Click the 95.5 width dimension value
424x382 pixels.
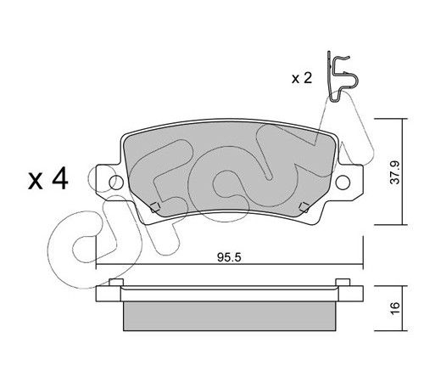[229, 257]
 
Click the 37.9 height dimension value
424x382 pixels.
[395, 172]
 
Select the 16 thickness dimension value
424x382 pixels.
[395, 307]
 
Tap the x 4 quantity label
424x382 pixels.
[48, 178]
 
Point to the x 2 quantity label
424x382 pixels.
[302, 78]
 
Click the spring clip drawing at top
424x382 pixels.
[341, 76]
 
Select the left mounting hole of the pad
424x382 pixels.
[116, 183]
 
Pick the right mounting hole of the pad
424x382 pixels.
[343, 183]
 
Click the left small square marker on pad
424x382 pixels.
[155, 207]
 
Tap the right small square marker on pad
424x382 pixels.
[304, 207]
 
